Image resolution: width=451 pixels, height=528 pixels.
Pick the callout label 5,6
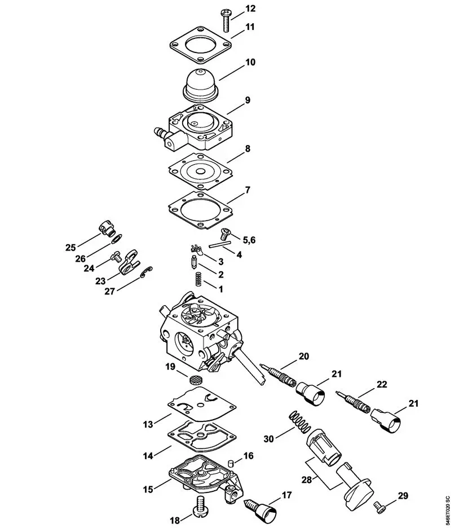[x=249, y=240]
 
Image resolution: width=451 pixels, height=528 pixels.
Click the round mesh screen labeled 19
[x=194, y=379]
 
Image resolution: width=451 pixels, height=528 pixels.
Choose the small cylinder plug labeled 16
[x=230, y=464]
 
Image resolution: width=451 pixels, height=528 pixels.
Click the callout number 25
[x=70, y=247]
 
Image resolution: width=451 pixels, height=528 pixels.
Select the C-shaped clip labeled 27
[x=146, y=271]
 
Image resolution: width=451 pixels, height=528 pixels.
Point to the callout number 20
[x=304, y=356]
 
